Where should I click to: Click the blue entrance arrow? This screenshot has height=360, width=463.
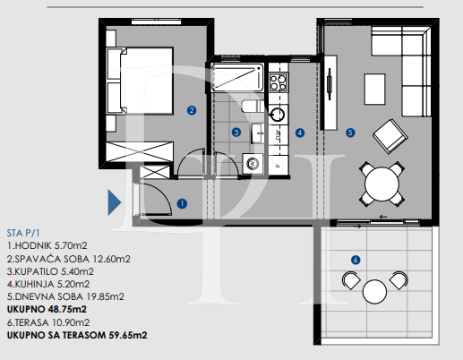point(115,202)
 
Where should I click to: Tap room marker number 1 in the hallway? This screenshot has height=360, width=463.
point(182,203)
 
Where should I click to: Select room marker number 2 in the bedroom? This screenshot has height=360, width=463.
point(192,111)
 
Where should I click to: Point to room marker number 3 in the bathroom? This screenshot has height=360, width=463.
point(236,133)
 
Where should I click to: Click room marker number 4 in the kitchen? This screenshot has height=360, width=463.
point(299,133)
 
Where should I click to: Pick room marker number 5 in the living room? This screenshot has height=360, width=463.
point(350,133)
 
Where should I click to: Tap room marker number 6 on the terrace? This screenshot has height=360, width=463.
point(356,260)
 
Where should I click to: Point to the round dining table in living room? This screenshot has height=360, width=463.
point(382,184)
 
